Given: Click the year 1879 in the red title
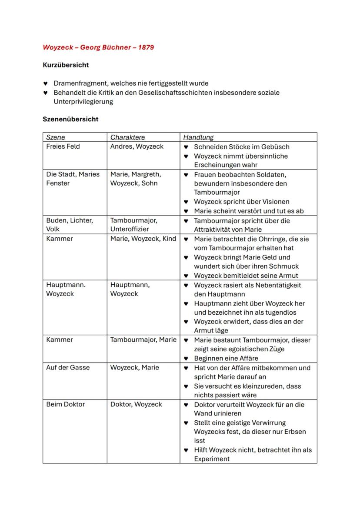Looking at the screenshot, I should pyautogui.click(x=146, y=47).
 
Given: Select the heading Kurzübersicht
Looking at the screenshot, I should pyautogui.click(x=66, y=65).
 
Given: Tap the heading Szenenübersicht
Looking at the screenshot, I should pyautogui.click(x=70, y=119).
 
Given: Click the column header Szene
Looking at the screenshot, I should pyautogui.click(x=56, y=137).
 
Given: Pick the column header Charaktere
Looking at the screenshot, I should pyautogui.click(x=127, y=137).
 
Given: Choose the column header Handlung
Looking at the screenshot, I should pyautogui.click(x=198, y=137).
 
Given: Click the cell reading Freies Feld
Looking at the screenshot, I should pyautogui.click(x=63, y=146).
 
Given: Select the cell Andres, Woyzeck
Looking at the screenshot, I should pyautogui.click(x=137, y=146).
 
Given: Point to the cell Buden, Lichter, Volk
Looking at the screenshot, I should pyautogui.click(x=70, y=225).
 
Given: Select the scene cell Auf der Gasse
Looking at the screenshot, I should pyautogui.click(x=68, y=367).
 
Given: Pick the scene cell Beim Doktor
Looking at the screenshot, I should pyautogui.click(x=65, y=404).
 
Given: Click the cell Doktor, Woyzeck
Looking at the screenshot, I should pyautogui.click(x=136, y=404).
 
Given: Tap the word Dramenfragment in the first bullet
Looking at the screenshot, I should pyautogui.click(x=80, y=83).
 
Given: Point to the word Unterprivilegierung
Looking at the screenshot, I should pyautogui.click(x=83, y=102).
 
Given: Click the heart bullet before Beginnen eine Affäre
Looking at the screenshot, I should pyautogui.click(x=186, y=359).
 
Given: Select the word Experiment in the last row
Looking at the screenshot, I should pyautogui.click(x=212, y=459).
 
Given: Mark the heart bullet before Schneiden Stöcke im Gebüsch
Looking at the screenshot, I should pyautogui.click(x=186, y=147).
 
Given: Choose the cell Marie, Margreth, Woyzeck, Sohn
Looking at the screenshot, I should pyautogui.click(x=136, y=179).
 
